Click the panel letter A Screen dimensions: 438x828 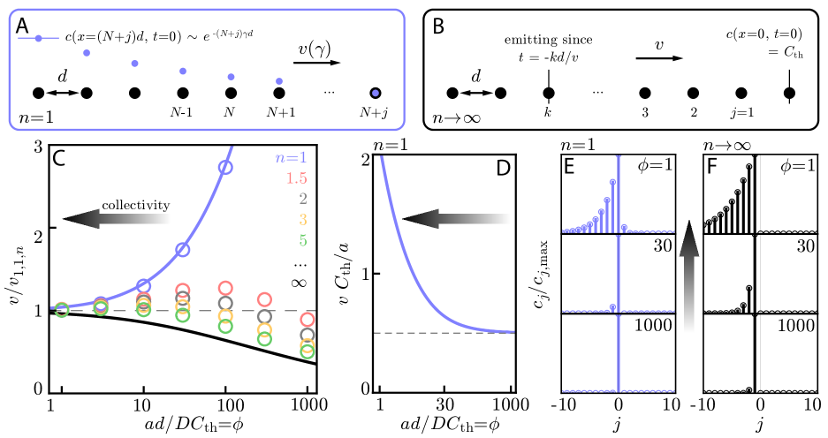(23, 27)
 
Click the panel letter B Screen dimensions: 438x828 (437, 27)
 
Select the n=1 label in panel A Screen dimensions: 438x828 (36, 116)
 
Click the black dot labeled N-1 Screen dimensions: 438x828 (182, 92)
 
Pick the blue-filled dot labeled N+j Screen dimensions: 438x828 (375, 92)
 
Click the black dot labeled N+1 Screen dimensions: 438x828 (279, 92)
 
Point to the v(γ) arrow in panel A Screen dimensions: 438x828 (317, 63)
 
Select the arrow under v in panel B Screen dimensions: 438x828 (658, 58)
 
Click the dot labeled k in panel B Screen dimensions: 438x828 (548, 93)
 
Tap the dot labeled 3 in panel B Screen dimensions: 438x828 (646, 93)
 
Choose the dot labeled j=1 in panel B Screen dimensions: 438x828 (741, 93)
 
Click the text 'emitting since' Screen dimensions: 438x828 (548, 40)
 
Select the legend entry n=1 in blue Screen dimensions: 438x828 (291, 158)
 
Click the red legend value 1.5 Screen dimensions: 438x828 (296, 178)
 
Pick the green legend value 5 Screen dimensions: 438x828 (302, 239)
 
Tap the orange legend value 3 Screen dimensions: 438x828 (302, 219)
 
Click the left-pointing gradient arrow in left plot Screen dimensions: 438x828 (118, 219)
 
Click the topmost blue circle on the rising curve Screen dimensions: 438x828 (225, 167)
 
